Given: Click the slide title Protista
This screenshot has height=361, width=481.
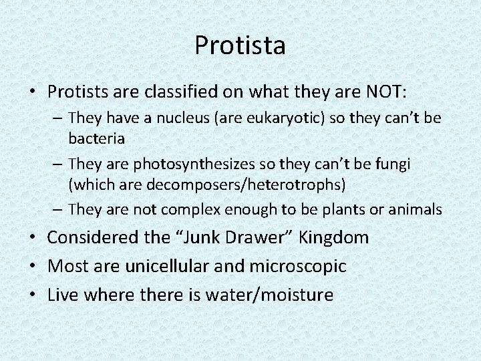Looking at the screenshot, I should click(240, 45).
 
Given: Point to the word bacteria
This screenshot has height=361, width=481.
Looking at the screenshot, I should click(93, 138).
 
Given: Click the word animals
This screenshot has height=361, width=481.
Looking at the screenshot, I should click(415, 209).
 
